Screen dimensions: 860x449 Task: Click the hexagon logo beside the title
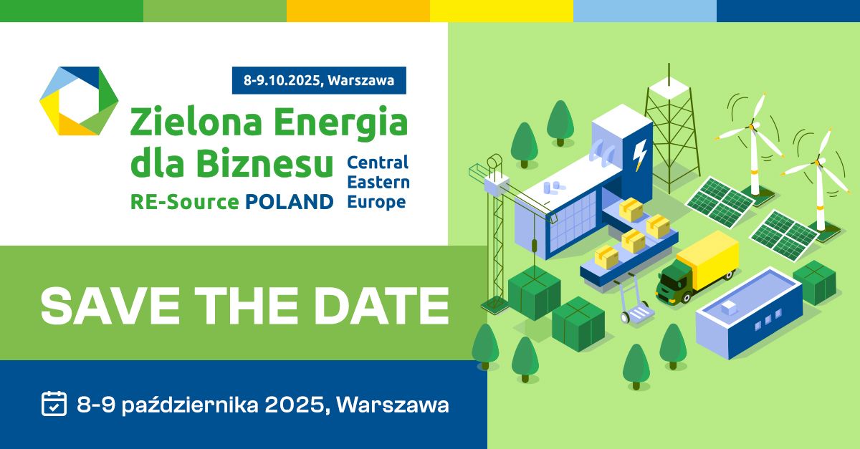79,101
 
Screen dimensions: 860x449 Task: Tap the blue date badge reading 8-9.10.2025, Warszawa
319,80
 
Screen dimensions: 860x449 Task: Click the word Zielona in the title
196,122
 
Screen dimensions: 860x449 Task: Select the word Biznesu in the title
264,163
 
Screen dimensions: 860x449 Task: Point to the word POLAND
289,202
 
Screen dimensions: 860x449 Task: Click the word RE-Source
185,202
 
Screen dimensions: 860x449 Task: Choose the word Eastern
378,183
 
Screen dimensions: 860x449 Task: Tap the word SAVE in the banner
110,306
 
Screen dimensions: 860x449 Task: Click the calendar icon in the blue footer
54,403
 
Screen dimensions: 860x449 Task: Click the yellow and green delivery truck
697,268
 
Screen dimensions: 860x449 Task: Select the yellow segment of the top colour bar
502,11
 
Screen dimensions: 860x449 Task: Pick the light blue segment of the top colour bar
645,11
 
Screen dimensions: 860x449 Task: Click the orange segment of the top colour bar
358,11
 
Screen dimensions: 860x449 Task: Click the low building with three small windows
749,313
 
